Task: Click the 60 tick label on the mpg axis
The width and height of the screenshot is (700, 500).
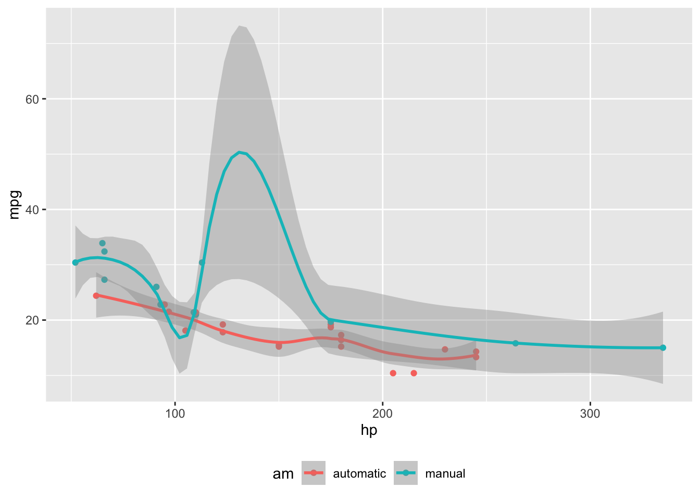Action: click(32, 99)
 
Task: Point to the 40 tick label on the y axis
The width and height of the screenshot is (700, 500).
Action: click(32, 209)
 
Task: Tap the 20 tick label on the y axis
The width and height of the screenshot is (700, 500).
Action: click(32, 320)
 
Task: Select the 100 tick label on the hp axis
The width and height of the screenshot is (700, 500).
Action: click(175, 414)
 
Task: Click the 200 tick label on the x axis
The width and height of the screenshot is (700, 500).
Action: click(383, 414)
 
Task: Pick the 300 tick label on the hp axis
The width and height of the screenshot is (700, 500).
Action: click(590, 414)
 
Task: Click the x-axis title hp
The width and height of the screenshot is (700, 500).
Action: click(369, 430)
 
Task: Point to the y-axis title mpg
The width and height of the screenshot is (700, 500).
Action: click(14, 205)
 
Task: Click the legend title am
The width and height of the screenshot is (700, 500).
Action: click(283, 474)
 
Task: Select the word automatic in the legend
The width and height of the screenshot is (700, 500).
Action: click(359, 474)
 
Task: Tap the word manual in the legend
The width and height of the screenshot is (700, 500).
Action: click(445, 474)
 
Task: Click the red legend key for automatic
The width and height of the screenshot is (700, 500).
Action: click(314, 473)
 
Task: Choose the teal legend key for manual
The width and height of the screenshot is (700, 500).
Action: click(406, 473)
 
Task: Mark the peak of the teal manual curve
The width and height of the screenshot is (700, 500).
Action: click(239, 152)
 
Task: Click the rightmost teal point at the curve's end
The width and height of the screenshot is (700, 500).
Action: click(663, 347)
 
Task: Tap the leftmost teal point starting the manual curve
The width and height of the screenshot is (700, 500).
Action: click(76, 262)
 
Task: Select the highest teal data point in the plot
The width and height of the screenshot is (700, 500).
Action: click(103, 243)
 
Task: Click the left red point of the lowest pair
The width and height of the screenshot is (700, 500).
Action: click(393, 373)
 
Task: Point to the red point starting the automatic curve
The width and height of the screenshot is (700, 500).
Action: click(96, 295)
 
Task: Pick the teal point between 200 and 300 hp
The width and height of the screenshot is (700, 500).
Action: click(516, 343)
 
